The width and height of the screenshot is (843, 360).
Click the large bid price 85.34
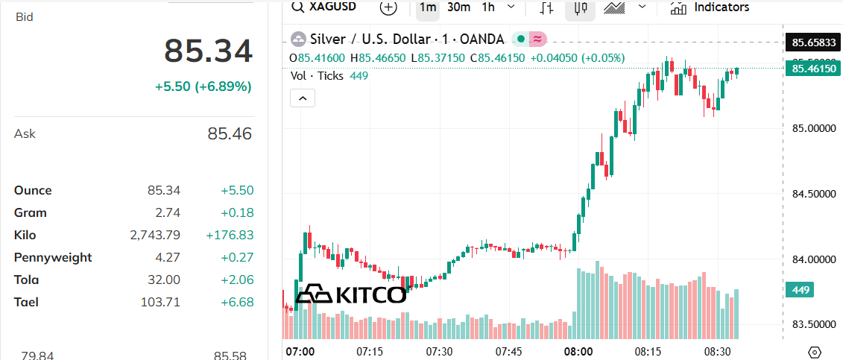[x=209, y=51]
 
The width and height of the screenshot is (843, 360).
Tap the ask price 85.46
[x=230, y=134]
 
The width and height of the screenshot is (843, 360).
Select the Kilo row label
[x=25, y=236]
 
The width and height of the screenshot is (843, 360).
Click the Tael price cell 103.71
[x=160, y=303]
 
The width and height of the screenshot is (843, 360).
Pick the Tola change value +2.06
[x=237, y=280]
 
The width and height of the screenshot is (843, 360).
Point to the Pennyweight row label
[x=53, y=258]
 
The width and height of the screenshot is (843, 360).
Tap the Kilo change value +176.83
[x=230, y=236]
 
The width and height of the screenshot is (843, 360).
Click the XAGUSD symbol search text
[x=332, y=7]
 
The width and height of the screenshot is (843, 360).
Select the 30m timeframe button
[x=458, y=7]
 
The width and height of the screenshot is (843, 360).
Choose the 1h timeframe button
[x=488, y=7]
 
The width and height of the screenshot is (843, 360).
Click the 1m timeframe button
[x=428, y=7]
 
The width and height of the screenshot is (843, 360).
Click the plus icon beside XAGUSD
[x=388, y=7]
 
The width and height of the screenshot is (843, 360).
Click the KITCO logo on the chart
[x=351, y=294]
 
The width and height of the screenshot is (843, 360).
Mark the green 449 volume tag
[x=801, y=290]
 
